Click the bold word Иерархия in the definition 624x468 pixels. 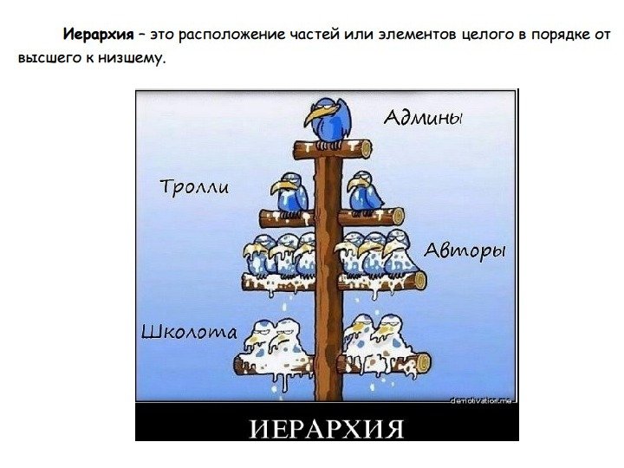97,36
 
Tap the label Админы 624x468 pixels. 423,118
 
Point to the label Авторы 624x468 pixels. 465,251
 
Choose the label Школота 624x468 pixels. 188,332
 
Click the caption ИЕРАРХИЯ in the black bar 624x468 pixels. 327,429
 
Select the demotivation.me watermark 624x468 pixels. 483,400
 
